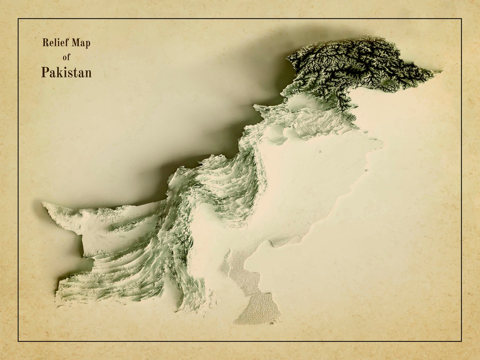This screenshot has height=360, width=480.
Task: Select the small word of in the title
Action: [x=67, y=57]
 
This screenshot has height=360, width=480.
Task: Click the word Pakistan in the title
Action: [x=66, y=72]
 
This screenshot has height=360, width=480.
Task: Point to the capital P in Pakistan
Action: [x=45, y=72]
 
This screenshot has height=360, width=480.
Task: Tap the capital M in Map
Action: [x=76, y=43]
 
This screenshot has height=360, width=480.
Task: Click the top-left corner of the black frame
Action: [x=18, y=19]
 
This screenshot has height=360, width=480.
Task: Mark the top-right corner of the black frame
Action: [x=461, y=19]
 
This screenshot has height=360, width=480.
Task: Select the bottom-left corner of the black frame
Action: [x=18, y=341]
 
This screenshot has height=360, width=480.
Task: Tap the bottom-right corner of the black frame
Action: [x=461, y=341]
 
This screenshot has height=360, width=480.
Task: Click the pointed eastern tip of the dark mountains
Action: [x=440, y=72]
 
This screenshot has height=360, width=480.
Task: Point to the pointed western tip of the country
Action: [x=43, y=203]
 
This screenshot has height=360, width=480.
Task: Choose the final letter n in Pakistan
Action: [x=88, y=73]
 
